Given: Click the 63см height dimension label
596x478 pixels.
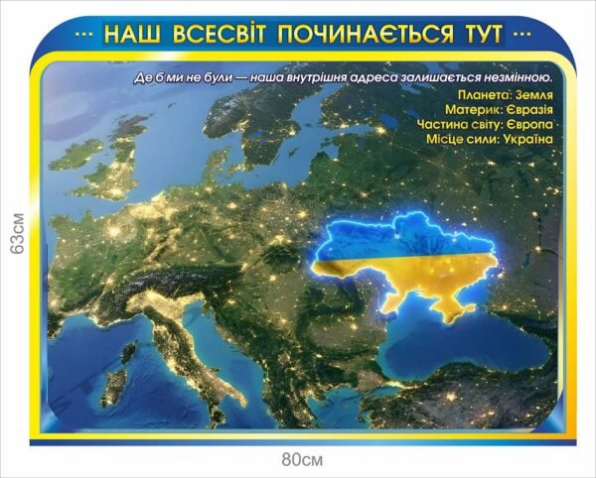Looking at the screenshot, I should coord(14,233).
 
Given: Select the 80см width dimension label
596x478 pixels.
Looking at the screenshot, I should coord(302,460).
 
